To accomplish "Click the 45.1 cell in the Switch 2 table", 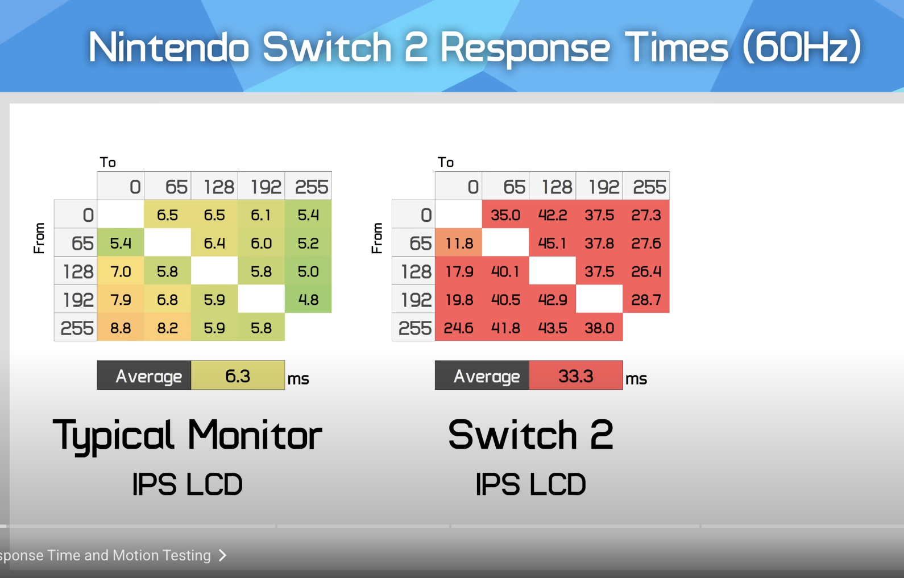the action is [x=553, y=243].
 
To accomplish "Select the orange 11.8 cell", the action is [x=458, y=243].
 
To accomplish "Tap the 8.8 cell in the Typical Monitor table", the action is [x=121, y=328].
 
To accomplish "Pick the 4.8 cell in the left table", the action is [x=308, y=299].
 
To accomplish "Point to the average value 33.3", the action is [x=576, y=375].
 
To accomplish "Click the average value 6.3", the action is [x=238, y=375].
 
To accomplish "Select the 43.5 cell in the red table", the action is [x=553, y=328].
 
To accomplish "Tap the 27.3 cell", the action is [x=646, y=214].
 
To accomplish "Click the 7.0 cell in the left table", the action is [x=121, y=271].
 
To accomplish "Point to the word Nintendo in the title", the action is [x=169, y=47].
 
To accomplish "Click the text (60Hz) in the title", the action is [x=802, y=47].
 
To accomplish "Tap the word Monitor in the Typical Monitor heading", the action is [x=255, y=435].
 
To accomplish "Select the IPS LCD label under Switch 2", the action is [x=530, y=484].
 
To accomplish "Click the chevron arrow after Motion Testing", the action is [x=222, y=555].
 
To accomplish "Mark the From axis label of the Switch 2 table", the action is [x=376, y=238].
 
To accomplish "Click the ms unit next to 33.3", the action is [x=636, y=379].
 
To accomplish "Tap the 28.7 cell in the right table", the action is [x=646, y=299].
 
